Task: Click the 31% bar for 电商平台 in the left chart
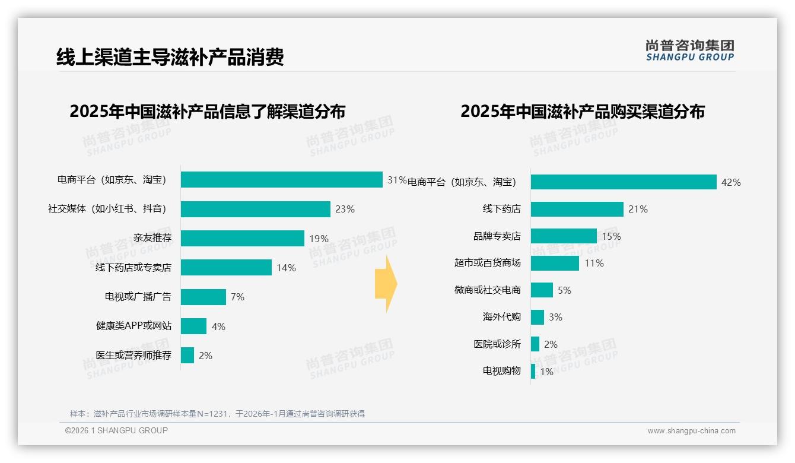(281, 180)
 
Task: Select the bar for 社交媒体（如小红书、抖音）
(255, 209)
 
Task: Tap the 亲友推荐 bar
(242, 239)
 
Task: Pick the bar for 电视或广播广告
(203, 297)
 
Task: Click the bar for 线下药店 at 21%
(577, 209)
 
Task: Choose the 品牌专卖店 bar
(563, 236)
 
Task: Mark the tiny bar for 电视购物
(533, 372)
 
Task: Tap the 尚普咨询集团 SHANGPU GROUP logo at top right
(689, 50)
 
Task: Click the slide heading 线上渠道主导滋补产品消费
(170, 57)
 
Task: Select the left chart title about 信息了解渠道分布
(207, 112)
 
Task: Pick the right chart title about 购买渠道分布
(582, 112)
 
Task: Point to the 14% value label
(286, 268)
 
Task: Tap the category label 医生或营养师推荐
(133, 356)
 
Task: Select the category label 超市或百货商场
(487, 263)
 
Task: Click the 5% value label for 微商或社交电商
(564, 290)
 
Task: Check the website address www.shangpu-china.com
(691, 431)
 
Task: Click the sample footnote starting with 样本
(217, 414)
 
